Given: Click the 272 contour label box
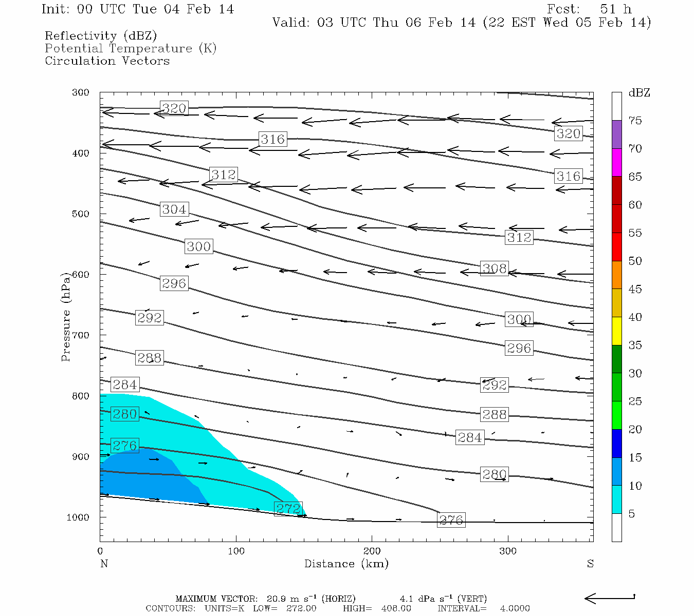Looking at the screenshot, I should click(288, 509).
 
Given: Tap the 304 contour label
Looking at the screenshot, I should click(174, 209).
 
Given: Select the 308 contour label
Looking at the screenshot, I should click(494, 268).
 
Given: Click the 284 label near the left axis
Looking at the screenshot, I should click(124, 384).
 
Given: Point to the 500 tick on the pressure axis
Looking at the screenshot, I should click(81, 214).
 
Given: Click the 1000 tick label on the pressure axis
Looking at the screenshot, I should click(78, 517).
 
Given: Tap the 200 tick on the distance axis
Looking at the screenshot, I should click(372, 551).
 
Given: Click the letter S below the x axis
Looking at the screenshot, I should click(590, 564).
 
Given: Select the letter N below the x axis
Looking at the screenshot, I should click(104, 564).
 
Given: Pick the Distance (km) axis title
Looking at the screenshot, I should click(346, 564).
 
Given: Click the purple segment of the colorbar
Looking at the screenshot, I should click(616, 134).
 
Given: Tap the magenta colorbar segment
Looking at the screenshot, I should click(616, 162).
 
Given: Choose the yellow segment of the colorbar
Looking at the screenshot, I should click(616, 331).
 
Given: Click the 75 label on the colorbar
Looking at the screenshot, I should click(635, 121).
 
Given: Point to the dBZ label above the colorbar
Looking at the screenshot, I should click(639, 93).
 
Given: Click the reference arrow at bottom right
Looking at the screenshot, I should click(610, 598).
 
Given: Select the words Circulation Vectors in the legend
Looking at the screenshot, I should click(107, 61).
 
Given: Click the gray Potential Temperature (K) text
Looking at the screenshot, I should click(131, 48).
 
